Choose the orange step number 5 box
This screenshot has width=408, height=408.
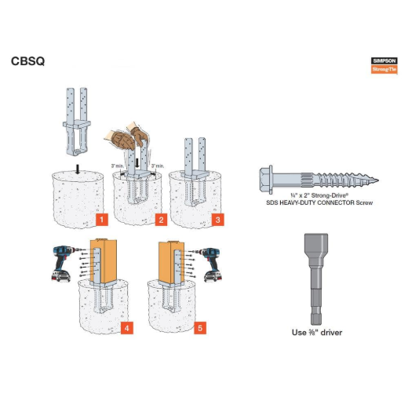200,326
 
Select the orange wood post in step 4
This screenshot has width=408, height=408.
104,259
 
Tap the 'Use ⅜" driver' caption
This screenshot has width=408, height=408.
317,333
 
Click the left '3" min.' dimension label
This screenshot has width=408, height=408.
118,166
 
